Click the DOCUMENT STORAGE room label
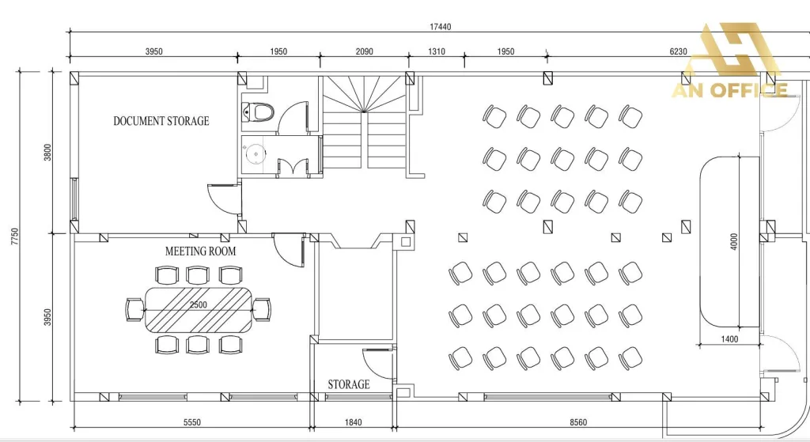click(x=161, y=121)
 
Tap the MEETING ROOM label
click(x=200, y=251)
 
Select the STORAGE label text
click(x=349, y=385)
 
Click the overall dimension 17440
click(x=440, y=27)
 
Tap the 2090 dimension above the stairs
click(x=364, y=51)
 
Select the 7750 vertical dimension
click(x=14, y=236)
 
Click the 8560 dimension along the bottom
click(x=578, y=422)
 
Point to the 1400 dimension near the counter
click(x=729, y=339)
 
